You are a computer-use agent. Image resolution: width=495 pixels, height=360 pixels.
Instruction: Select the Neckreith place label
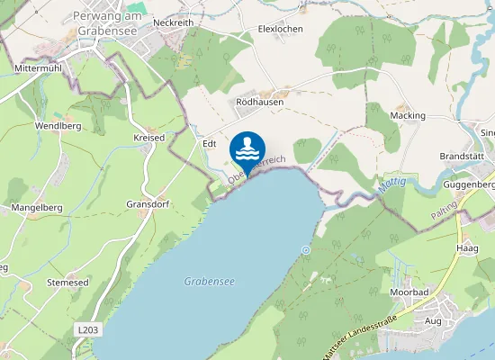(174, 22)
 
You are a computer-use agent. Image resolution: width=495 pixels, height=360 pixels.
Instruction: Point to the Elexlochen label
(280, 29)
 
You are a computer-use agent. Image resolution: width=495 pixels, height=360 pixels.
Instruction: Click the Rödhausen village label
(260, 102)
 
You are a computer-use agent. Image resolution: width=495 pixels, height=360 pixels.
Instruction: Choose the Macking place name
(408, 116)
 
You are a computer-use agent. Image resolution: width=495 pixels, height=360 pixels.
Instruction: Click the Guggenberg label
(469, 184)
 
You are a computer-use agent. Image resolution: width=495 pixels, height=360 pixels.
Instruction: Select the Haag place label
(467, 247)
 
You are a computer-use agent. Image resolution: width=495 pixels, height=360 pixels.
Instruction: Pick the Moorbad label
(409, 293)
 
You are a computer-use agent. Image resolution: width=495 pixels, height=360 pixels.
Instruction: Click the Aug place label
(433, 321)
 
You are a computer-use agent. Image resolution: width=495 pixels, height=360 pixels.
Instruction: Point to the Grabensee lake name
(209, 282)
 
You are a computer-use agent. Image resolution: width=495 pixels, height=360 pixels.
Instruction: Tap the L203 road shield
(87, 330)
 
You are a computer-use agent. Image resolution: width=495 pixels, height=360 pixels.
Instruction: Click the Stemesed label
(67, 283)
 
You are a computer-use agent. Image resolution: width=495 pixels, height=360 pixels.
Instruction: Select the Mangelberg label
(35, 208)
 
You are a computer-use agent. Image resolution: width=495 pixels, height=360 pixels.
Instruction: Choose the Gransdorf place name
(148, 203)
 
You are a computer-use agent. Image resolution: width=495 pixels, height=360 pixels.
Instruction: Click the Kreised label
(148, 138)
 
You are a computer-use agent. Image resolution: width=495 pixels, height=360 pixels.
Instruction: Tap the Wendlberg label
(58, 126)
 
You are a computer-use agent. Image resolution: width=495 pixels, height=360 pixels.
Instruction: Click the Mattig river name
(395, 184)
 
